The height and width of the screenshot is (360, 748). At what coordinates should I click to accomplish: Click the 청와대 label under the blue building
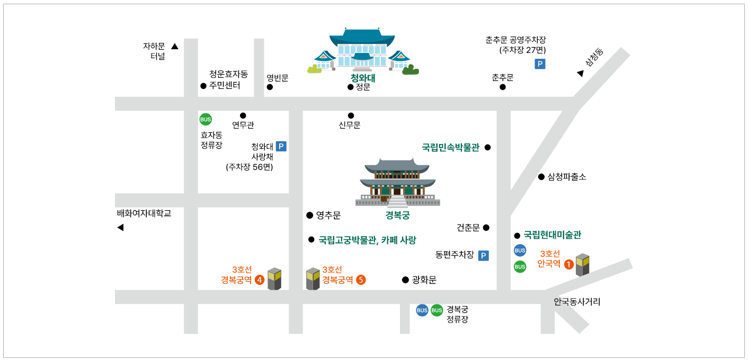coord(363,78)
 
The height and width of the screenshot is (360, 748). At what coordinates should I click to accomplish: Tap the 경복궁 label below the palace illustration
coord(397,215)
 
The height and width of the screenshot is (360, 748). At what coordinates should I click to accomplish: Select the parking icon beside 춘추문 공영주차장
coord(540,64)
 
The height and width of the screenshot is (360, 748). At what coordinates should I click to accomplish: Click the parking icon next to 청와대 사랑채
coord(281,146)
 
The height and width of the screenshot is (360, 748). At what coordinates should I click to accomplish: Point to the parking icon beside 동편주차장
coord(483,256)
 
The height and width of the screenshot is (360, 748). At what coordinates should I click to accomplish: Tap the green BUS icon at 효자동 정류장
coord(205,119)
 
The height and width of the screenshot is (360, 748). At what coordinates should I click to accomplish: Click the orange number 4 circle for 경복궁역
coord(260,280)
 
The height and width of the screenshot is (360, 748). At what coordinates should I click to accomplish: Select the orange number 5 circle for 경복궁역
coord(361,280)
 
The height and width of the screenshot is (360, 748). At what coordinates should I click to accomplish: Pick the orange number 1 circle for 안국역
coord(568,264)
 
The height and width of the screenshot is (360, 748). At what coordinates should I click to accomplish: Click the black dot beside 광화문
coord(405,280)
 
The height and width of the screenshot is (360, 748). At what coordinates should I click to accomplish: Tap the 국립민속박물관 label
coord(450,148)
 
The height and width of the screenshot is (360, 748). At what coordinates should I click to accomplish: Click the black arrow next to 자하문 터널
coord(175,47)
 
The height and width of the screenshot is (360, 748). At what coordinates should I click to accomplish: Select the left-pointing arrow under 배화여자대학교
coord(120,228)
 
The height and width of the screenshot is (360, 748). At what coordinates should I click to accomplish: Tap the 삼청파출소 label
coord(567,177)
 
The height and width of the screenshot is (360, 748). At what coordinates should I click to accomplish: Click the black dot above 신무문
coord(351,115)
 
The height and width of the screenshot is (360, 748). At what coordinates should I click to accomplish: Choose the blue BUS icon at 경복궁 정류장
coord(422,310)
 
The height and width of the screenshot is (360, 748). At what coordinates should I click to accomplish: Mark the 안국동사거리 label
coord(577,302)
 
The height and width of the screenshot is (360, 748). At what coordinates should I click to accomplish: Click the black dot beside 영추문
coord(309,215)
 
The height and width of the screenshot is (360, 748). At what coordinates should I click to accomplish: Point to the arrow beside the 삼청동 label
coord(580,74)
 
